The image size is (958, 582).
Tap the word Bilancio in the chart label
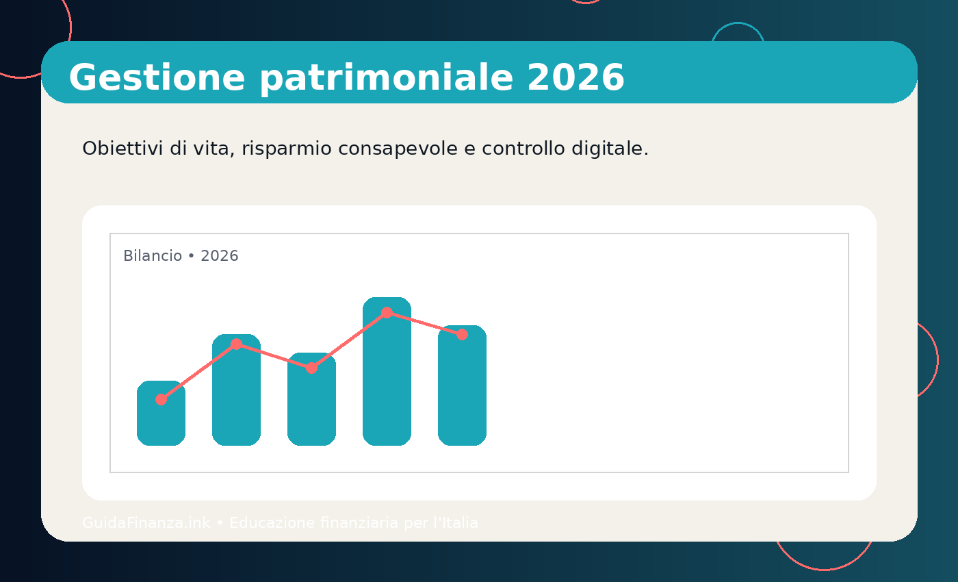coord(153,256)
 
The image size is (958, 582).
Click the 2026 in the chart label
coord(220,256)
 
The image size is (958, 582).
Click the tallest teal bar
coord(387,383)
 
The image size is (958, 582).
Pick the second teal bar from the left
coord(236,397)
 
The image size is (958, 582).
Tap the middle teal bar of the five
coord(311,407)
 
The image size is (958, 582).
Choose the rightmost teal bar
coord(462,394)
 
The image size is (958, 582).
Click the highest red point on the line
coord(387,312)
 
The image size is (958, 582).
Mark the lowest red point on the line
coord(161,399)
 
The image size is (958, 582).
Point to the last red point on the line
coord(462,334)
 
